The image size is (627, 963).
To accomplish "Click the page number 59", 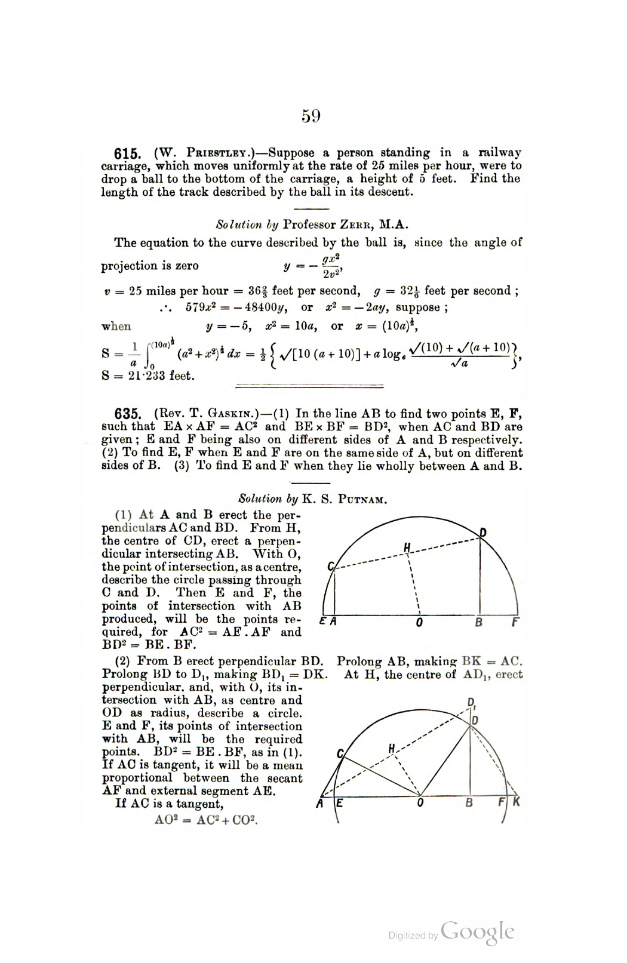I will point(311,115).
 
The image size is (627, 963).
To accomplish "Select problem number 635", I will point(127,414).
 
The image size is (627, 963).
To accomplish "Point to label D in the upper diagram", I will point(482,532).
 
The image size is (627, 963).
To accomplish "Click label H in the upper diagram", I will point(407,546).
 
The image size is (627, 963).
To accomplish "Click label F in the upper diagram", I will point(515,622).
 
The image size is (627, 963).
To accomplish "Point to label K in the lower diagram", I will point(516,802).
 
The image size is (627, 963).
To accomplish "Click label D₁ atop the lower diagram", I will point(471,703).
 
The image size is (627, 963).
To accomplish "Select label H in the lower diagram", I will point(392,748).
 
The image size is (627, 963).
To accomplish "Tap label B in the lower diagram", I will point(469,803).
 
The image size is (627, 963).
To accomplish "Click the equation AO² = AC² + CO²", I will point(206,819).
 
